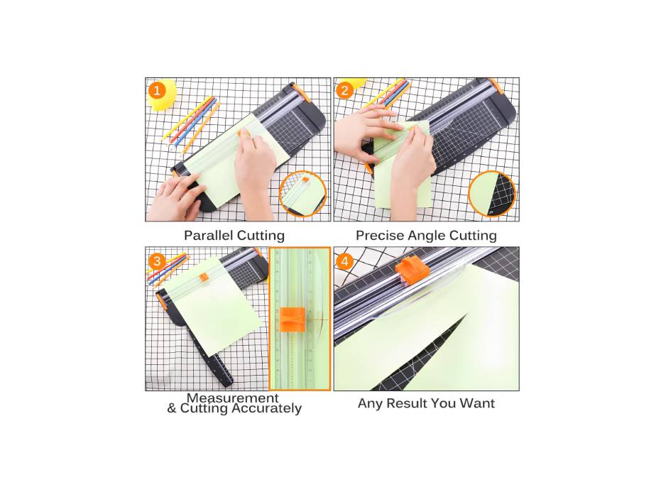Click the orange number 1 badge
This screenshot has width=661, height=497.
pyautogui.click(x=158, y=90)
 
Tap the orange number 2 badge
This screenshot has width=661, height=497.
pyautogui.click(x=345, y=90)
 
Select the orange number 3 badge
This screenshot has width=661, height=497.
pyautogui.click(x=158, y=260)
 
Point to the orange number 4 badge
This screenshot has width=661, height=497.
pyautogui.click(x=345, y=261)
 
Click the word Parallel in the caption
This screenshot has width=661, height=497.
pyautogui.click(x=208, y=236)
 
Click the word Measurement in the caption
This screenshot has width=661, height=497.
pyautogui.click(x=233, y=398)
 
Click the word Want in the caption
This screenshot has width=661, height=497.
pyautogui.click(x=478, y=403)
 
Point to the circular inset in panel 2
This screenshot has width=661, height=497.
pyautogui.click(x=492, y=194)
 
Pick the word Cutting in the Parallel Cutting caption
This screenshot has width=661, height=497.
pyautogui.click(x=260, y=236)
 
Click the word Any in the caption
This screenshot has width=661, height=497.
pyautogui.click(x=369, y=403)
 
